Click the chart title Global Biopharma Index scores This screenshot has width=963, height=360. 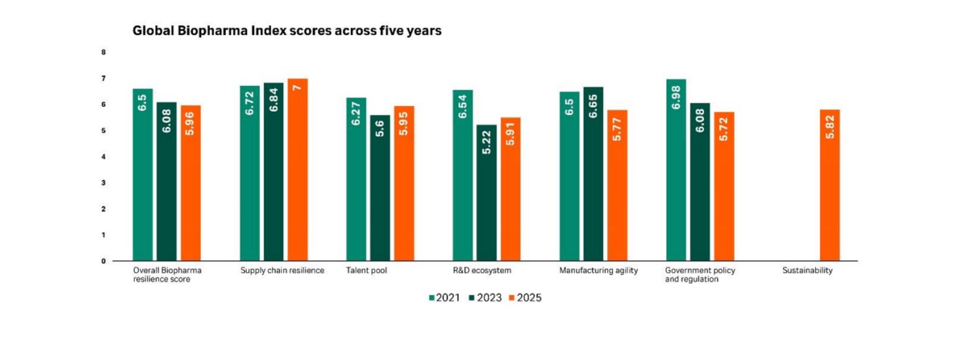(x=286, y=31)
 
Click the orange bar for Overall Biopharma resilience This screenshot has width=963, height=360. (x=190, y=183)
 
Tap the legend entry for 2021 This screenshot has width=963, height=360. (x=444, y=297)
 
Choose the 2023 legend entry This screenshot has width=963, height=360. (x=485, y=297)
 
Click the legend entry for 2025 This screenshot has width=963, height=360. (x=525, y=297)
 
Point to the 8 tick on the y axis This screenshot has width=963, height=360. (x=104, y=52)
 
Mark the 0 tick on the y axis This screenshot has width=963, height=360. (x=104, y=261)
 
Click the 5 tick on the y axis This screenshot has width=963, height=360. (x=104, y=131)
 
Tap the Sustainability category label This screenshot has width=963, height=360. (x=807, y=270)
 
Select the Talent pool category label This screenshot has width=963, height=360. (x=367, y=270)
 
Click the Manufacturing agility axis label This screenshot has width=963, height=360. (x=598, y=270)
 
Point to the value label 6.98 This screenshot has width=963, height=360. (x=676, y=98)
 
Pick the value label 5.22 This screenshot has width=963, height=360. (x=487, y=142)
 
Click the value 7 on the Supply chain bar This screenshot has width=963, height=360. (x=297, y=87)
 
